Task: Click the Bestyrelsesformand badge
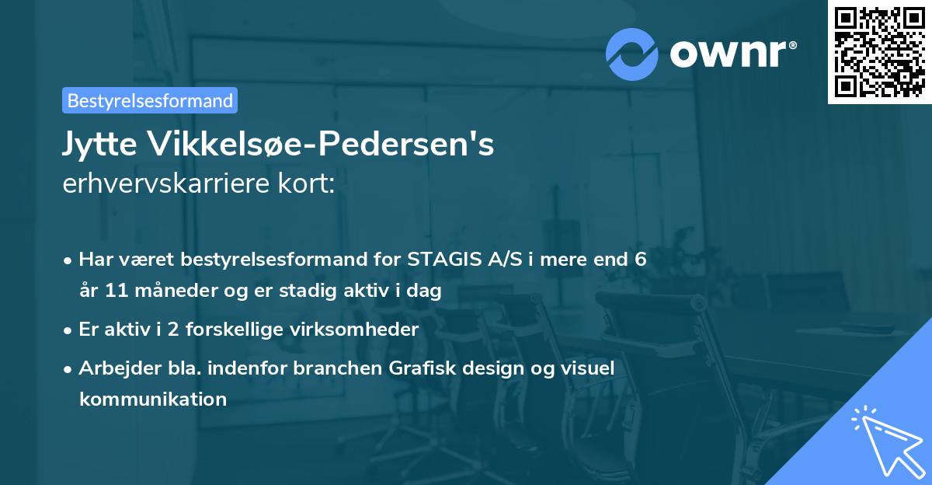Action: click(x=150, y=100)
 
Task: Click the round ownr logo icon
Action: click(x=632, y=54)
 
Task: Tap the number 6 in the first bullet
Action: click(x=640, y=259)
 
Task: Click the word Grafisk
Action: click(x=414, y=368)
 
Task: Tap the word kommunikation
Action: click(x=152, y=400)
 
